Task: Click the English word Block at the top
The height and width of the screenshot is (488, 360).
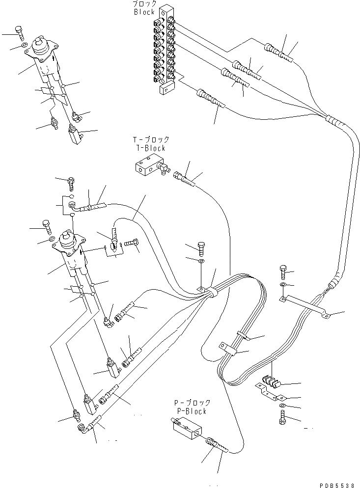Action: click(144, 12)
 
